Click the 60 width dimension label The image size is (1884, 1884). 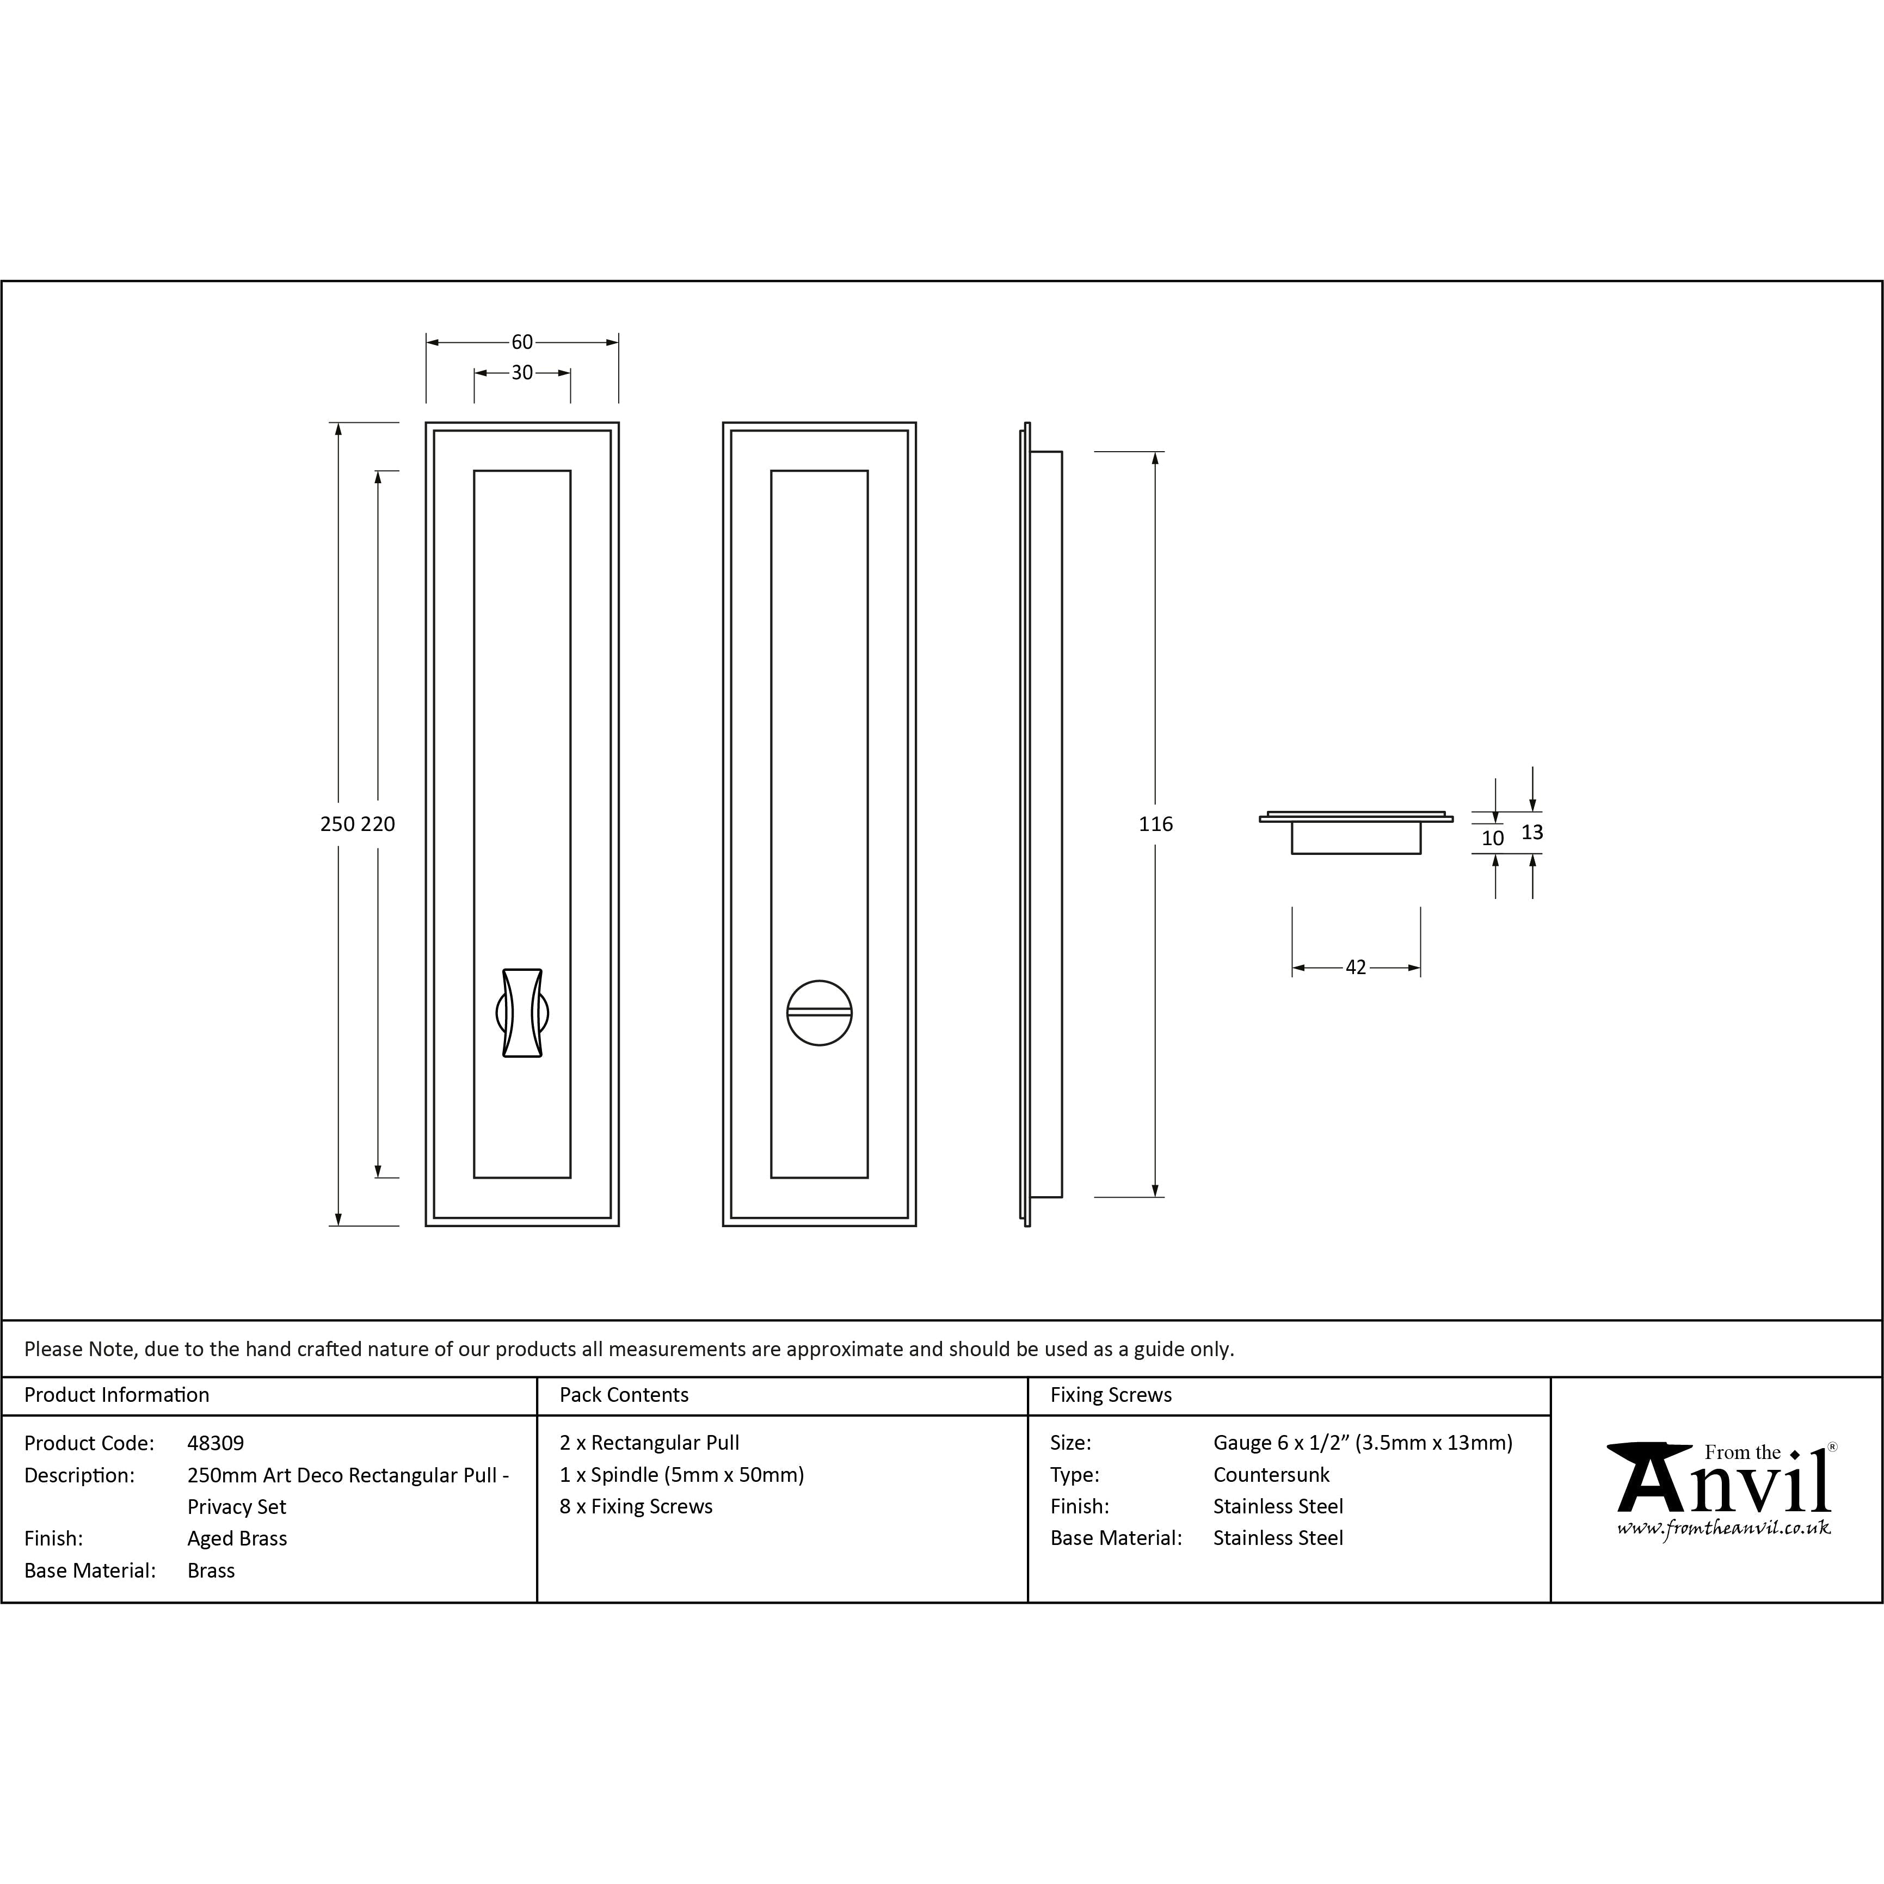522,342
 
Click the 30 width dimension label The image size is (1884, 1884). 522,373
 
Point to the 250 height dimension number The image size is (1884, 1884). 337,824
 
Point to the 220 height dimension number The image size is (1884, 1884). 378,824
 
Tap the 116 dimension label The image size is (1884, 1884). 1155,824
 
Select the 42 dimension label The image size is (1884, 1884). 1356,968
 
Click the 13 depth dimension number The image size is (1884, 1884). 1532,832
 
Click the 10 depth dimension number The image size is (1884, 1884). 1493,838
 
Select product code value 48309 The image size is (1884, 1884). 216,1442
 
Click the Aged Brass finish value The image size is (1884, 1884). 237,1538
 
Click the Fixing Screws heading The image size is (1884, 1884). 1111,1394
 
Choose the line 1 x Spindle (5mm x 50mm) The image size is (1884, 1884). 682,1474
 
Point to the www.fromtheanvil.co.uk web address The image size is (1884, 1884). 1723,1528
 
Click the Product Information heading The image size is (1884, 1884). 117,1394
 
